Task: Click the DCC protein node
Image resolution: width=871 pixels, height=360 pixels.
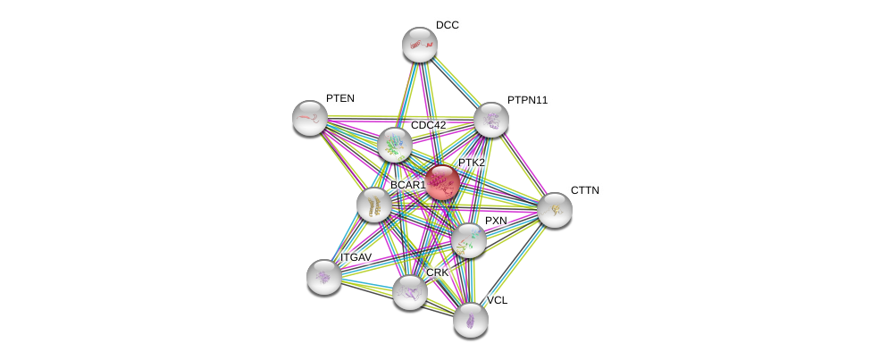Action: pyautogui.click(x=419, y=45)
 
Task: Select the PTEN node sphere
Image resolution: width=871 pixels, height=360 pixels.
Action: pyautogui.click(x=310, y=118)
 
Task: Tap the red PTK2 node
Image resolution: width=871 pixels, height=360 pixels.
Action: pyautogui.click(x=441, y=182)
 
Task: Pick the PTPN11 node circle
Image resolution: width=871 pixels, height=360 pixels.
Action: pyautogui.click(x=490, y=120)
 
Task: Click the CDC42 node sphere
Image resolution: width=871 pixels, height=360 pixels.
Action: pyautogui.click(x=394, y=145)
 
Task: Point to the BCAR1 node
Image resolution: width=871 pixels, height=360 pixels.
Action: pyautogui.click(x=374, y=205)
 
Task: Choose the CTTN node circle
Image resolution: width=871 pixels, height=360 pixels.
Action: pyautogui.click(x=554, y=210)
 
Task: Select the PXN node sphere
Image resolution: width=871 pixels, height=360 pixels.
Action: pyautogui.click(x=468, y=240)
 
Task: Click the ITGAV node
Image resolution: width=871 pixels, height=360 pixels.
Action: pyautogui.click(x=324, y=276)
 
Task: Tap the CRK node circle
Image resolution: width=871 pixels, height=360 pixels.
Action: pyautogui.click(x=410, y=291)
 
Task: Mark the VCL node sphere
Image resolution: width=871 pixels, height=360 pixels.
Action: pyautogui.click(x=471, y=319)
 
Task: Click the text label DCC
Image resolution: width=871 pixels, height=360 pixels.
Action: pyautogui.click(x=448, y=25)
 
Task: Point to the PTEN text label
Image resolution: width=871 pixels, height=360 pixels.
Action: pyautogui.click(x=340, y=98)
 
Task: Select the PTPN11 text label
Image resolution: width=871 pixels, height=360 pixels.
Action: pyautogui.click(x=527, y=100)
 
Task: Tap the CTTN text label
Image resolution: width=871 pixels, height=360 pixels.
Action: pyautogui.click(x=585, y=190)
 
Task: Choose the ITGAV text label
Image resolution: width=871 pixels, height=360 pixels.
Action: pyautogui.click(x=356, y=257)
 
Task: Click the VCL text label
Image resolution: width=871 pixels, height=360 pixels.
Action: pyautogui.click(x=497, y=300)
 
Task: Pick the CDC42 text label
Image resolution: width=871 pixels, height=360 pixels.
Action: pyautogui.click(x=428, y=125)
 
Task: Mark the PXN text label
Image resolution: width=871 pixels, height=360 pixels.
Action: pyautogui.click(x=496, y=221)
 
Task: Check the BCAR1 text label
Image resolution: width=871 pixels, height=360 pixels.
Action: pyautogui.click(x=407, y=185)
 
